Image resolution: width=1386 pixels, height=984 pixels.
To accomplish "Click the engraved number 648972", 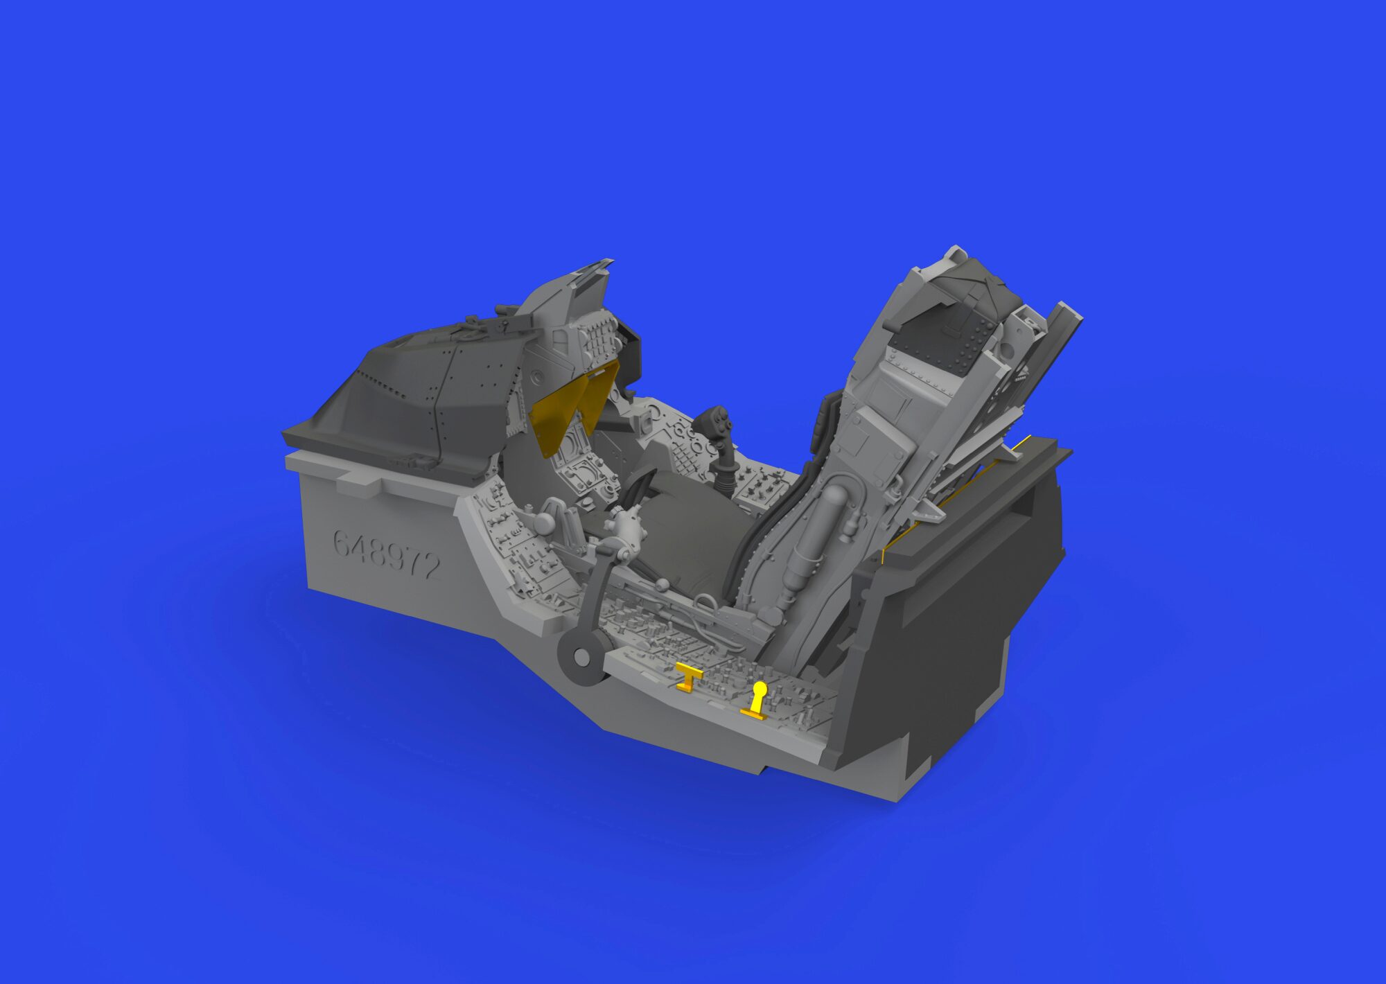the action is [386, 554].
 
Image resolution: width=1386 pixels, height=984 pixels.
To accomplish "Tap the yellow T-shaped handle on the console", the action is [688, 675].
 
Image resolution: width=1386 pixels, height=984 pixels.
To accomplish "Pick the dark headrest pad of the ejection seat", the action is [953, 326].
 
